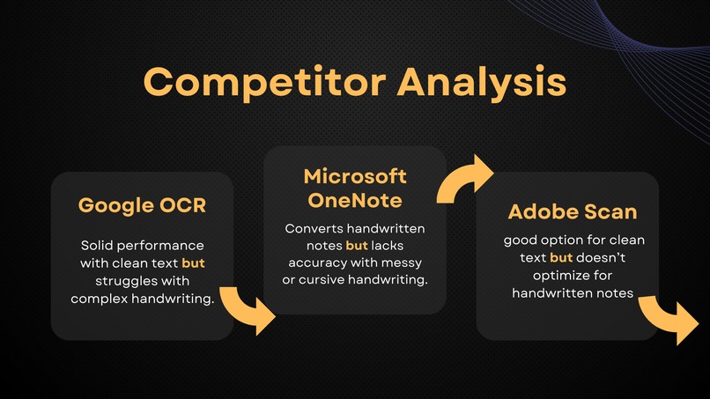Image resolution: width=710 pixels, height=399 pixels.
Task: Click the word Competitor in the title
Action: (x=264, y=83)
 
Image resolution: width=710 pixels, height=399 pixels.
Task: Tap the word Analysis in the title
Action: (x=482, y=82)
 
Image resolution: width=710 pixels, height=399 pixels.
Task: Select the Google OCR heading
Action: (x=142, y=205)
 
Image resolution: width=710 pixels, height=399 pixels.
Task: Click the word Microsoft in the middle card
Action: (x=355, y=176)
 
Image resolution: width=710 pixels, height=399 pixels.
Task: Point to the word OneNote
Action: (x=355, y=200)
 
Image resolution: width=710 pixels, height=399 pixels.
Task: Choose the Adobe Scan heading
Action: (x=573, y=211)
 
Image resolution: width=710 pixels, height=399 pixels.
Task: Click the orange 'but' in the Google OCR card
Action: (x=193, y=262)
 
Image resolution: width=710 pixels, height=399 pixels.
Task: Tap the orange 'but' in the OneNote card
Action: (x=357, y=246)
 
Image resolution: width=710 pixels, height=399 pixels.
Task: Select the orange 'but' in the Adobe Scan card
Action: (x=561, y=257)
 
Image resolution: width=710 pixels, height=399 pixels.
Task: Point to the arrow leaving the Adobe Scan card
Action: (x=666, y=320)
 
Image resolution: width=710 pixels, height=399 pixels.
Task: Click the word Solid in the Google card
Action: (x=95, y=246)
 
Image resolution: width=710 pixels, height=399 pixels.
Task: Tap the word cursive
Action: (x=322, y=279)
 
